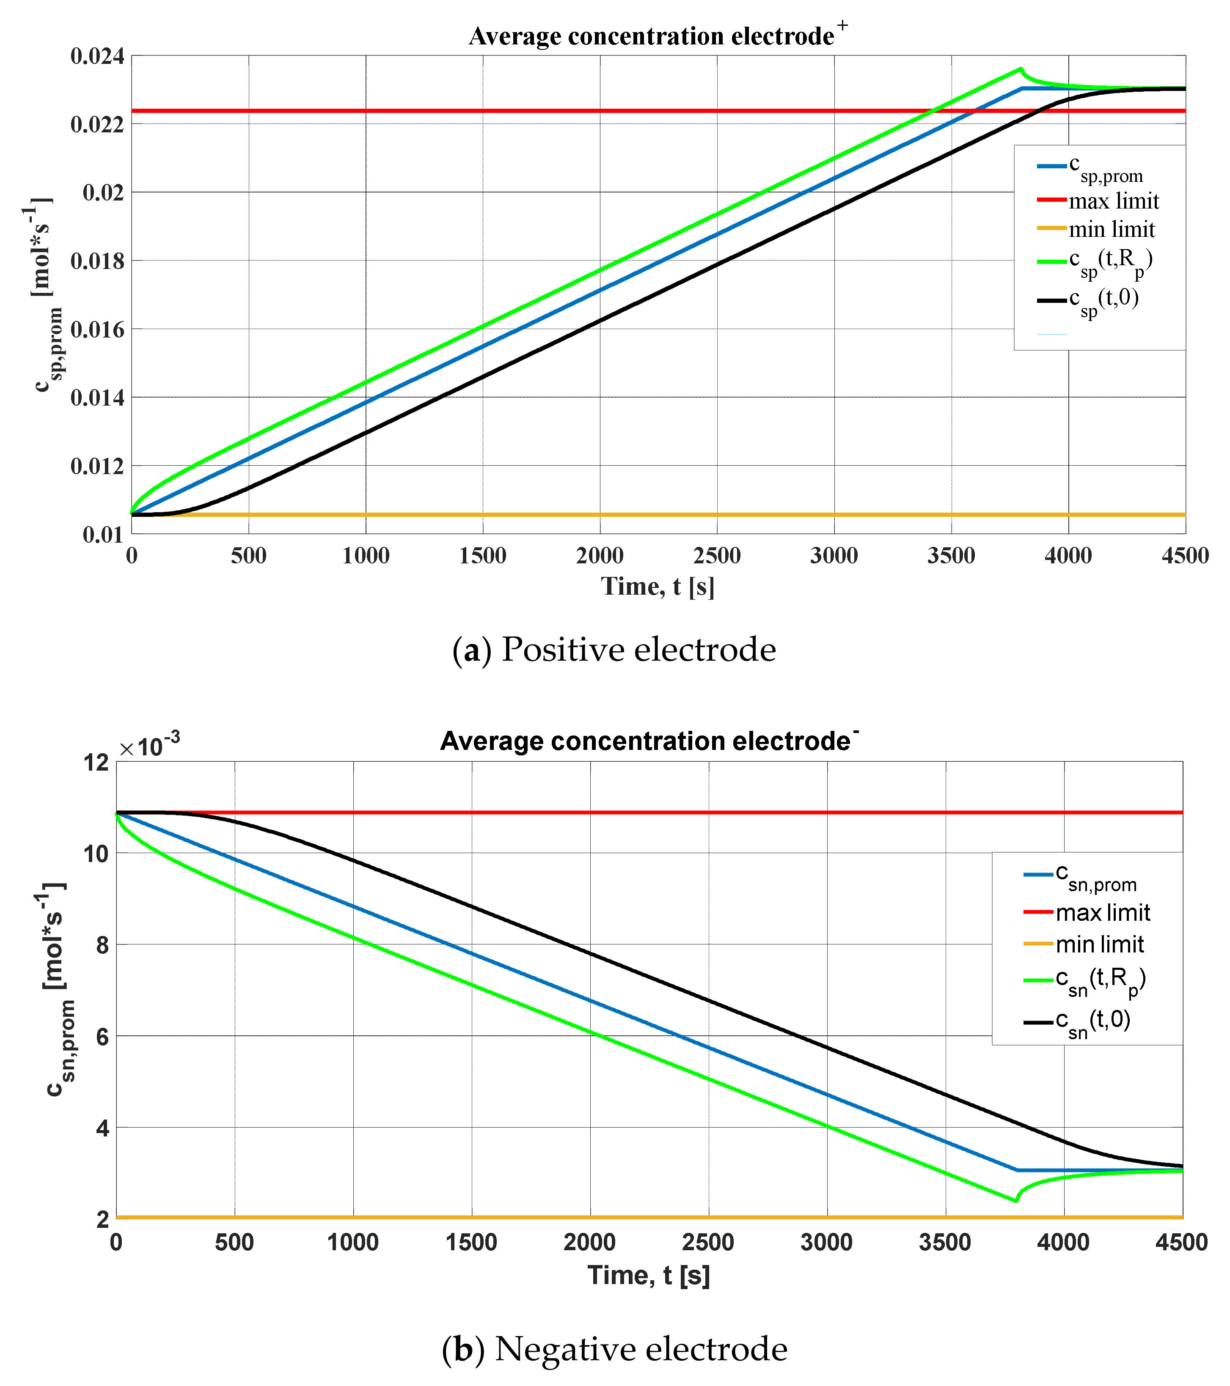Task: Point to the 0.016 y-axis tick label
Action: pyautogui.click(x=97, y=329)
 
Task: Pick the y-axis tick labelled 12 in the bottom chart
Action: pyautogui.click(x=97, y=763)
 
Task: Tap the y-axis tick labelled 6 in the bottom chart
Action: pyautogui.click(x=102, y=1036)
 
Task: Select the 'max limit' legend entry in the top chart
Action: pyautogui.click(x=1113, y=201)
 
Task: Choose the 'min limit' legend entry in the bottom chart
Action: pyautogui.click(x=1099, y=944)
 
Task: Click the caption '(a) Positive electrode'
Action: pyautogui.click(x=614, y=650)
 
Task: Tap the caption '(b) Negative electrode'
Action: pyautogui.click(x=614, y=1349)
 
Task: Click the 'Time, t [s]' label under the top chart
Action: pyautogui.click(x=658, y=587)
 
